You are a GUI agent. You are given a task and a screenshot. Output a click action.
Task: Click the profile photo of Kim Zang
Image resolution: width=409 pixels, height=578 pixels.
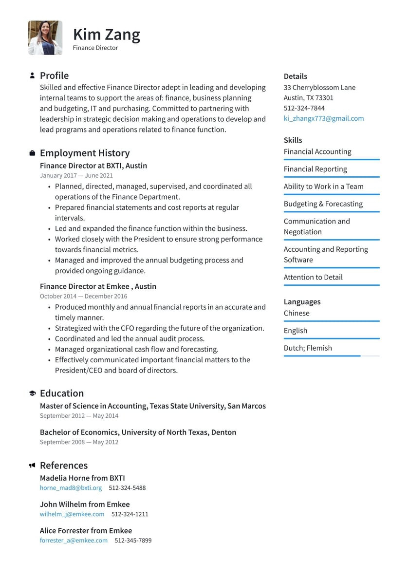(x=45, y=37)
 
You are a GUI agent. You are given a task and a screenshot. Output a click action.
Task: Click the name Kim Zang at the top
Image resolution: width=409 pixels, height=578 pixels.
(x=106, y=35)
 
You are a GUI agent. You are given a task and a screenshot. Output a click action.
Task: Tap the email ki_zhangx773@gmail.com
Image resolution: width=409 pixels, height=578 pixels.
(x=323, y=118)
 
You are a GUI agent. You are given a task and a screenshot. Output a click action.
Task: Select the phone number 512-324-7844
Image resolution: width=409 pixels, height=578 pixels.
(x=304, y=108)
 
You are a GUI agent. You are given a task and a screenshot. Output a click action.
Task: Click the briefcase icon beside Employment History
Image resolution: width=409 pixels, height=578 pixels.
(x=32, y=153)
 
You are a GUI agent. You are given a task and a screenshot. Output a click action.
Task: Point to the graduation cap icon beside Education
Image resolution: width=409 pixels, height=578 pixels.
(x=32, y=393)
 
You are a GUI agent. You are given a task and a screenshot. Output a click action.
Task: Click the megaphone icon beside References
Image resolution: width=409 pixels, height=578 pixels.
(x=32, y=466)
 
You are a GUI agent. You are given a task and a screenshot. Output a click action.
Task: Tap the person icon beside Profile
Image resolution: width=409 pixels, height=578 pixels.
(x=32, y=75)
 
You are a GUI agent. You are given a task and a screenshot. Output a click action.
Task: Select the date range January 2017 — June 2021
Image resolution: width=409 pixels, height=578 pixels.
(x=76, y=175)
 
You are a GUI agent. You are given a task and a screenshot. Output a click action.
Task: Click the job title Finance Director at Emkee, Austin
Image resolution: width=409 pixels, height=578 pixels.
(x=98, y=286)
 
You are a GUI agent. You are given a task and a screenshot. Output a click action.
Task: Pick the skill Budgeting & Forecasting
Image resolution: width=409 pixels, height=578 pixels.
(x=323, y=204)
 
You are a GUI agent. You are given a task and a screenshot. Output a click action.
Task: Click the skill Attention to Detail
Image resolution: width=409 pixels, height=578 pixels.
(x=313, y=277)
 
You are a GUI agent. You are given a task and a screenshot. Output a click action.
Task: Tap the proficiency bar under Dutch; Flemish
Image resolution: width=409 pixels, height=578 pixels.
(x=331, y=356)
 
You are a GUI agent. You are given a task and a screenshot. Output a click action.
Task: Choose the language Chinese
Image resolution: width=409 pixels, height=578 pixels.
(x=297, y=313)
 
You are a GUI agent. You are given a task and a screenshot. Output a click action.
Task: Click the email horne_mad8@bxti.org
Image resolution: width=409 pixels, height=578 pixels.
(x=71, y=487)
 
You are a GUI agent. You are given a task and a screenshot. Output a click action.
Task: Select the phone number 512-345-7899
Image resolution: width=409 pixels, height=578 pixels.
(x=133, y=540)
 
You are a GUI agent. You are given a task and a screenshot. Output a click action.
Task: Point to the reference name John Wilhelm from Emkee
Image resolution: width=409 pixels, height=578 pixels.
(x=85, y=504)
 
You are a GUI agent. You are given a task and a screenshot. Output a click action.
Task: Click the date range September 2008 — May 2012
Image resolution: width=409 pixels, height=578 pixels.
(x=79, y=442)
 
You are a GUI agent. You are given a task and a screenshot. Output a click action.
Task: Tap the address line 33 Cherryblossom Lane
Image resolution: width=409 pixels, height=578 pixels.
(x=319, y=88)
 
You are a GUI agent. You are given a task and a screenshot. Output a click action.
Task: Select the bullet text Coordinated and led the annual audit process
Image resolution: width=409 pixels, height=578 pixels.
(x=130, y=338)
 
